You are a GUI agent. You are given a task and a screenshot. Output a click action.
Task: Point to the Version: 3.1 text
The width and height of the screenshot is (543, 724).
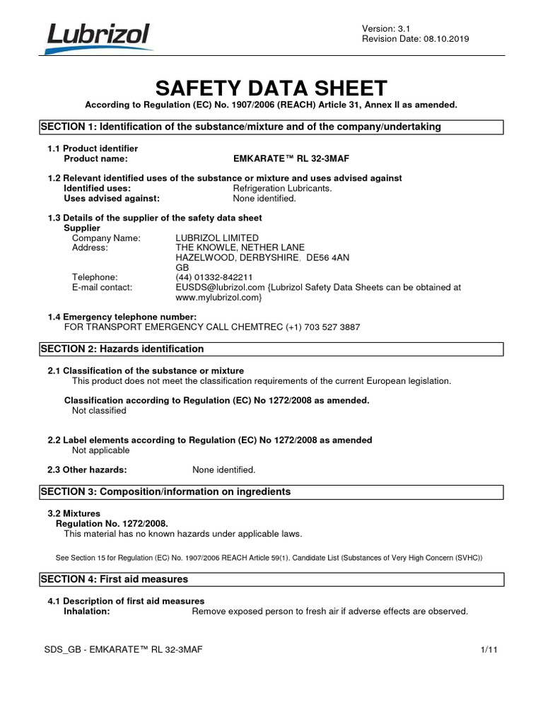pyautogui.click(x=380, y=28)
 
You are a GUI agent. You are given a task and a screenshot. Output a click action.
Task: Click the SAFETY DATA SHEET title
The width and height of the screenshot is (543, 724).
pyautogui.click(x=271, y=88)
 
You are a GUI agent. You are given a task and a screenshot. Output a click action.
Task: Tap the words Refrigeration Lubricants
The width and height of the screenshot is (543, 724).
pyautogui.click(x=282, y=189)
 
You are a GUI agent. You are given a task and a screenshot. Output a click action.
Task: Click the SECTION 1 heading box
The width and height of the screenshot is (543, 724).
pyautogui.click(x=271, y=127)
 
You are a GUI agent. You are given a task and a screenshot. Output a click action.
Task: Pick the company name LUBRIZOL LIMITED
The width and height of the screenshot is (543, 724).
pyautogui.click(x=217, y=238)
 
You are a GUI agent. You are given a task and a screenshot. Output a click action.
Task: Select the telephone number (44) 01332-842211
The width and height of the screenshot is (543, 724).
pyautogui.click(x=214, y=277)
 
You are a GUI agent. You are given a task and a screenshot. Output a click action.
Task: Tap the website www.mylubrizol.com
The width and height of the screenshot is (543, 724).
pyautogui.click(x=218, y=298)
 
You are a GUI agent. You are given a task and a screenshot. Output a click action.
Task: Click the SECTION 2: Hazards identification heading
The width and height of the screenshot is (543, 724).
pyautogui.click(x=123, y=349)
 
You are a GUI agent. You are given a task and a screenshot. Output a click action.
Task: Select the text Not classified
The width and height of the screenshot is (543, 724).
pyautogui.click(x=100, y=410)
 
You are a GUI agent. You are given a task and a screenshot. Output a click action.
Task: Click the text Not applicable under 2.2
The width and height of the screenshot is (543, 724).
pyautogui.click(x=101, y=450)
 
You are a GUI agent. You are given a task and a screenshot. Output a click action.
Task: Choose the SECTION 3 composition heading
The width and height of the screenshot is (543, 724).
pyautogui.click(x=166, y=491)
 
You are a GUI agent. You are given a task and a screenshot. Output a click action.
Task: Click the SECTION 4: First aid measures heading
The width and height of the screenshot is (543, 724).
pyautogui.click(x=115, y=579)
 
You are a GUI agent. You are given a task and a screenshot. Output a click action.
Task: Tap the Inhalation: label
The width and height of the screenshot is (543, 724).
pyautogui.click(x=87, y=611)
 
